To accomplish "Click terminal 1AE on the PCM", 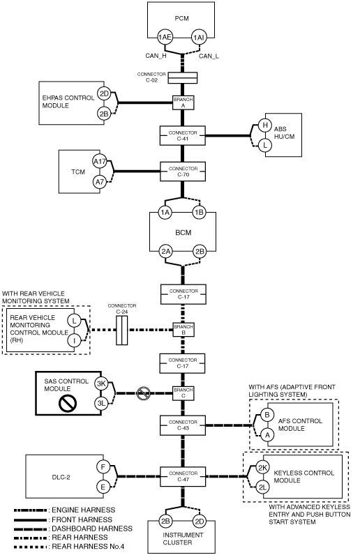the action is pos(165,37).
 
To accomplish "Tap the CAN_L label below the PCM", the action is pos(209,56).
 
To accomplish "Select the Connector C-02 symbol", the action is pos(183,78).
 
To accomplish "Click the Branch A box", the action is pos(183,102).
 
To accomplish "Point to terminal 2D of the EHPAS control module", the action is pos(104,94).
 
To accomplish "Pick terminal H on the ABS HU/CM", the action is pos(265,125).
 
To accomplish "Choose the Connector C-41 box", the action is pos(183,135).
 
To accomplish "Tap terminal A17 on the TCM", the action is pos(100,162).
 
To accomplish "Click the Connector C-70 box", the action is pos(183,172).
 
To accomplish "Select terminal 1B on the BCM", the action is pos(199,213).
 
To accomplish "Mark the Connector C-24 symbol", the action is pos(122,330).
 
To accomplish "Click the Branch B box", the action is pos(183,330).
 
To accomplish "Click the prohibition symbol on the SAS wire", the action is pos(144,393).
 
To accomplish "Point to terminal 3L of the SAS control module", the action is pos(102,403).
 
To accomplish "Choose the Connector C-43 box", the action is pos(183,425).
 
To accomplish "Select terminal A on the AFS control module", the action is pos(267,434).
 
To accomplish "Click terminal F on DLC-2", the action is pos(103,467).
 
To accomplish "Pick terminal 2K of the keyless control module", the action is pos(262,468).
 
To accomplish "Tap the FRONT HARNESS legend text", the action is pos(82,519).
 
